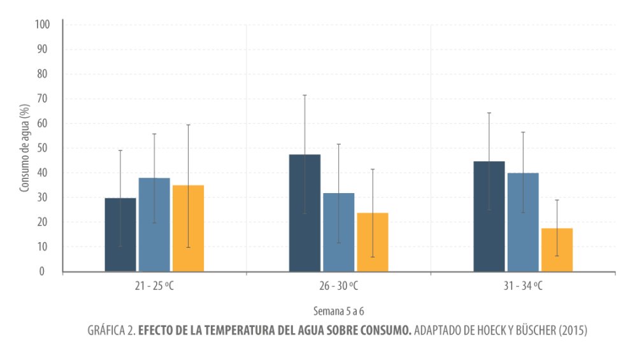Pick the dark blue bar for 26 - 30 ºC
[x=304, y=213]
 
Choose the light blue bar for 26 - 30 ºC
[x=338, y=232]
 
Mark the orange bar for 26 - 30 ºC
[x=372, y=242]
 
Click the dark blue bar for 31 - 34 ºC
[x=489, y=217]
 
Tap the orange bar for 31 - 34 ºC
[x=557, y=250]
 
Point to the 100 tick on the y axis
[x=42, y=25]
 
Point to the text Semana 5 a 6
[x=338, y=312]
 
